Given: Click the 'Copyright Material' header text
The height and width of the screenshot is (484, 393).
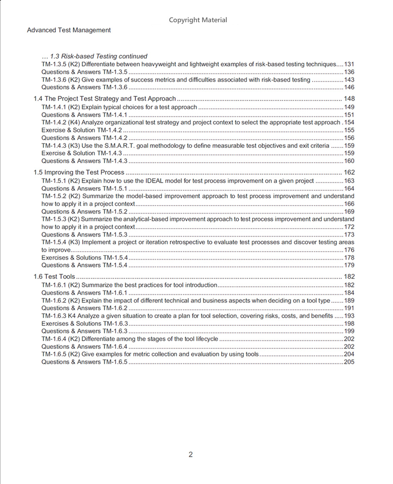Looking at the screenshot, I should pos(198,20).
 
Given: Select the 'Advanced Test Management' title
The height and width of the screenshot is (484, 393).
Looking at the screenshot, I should pos(69,30).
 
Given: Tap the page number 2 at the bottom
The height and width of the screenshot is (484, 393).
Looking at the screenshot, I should pos(191,455).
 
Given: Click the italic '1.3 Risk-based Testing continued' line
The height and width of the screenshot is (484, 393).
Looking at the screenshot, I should pos(94,56).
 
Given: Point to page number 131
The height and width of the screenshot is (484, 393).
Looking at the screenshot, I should pos(349,64).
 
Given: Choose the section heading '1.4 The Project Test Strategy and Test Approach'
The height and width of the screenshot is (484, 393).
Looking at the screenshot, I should pos(105,99).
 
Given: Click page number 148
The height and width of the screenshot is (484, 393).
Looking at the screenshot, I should pos(349,99).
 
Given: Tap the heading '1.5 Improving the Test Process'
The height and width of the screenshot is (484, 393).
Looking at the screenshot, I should pos(79,172).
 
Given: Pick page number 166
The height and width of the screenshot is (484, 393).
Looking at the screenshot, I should pos(349,204).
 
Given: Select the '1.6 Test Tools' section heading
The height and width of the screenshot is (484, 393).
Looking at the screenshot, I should pos(54,277).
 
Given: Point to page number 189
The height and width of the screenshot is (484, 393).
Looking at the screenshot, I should pos(349,300).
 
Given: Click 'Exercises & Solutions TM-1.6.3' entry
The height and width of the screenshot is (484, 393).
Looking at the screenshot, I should pos(85,324).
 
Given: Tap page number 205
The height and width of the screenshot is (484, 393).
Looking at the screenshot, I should pos(349,362).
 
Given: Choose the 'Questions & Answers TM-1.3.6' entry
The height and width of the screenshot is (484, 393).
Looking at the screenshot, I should pos(85,87).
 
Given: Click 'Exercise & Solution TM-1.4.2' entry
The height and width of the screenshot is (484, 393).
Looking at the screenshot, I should pos(82,130).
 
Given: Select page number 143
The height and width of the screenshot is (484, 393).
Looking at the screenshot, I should pos(349,80).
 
